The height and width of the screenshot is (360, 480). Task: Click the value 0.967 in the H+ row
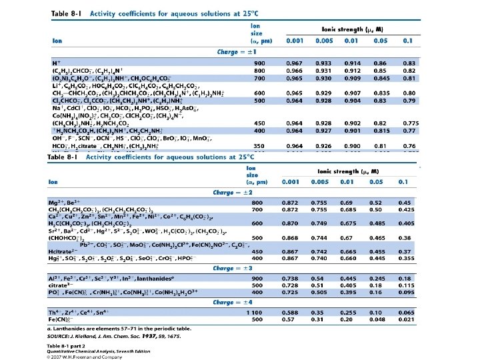coord(294,62)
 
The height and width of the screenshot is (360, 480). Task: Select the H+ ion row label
coord(56,62)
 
